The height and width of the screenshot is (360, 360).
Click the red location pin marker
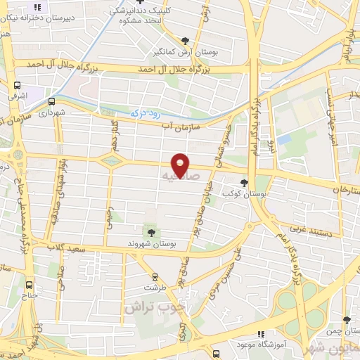coord(181,164)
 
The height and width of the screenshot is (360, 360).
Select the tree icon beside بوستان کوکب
coord(244,183)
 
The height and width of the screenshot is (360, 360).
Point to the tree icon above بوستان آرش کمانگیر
coord(185,41)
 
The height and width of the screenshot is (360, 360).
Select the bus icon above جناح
coord(29,285)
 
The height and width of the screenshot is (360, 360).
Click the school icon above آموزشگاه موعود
coord(261,335)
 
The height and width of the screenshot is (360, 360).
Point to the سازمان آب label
coord(181,125)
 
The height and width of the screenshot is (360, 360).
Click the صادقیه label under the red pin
coord(175,174)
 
